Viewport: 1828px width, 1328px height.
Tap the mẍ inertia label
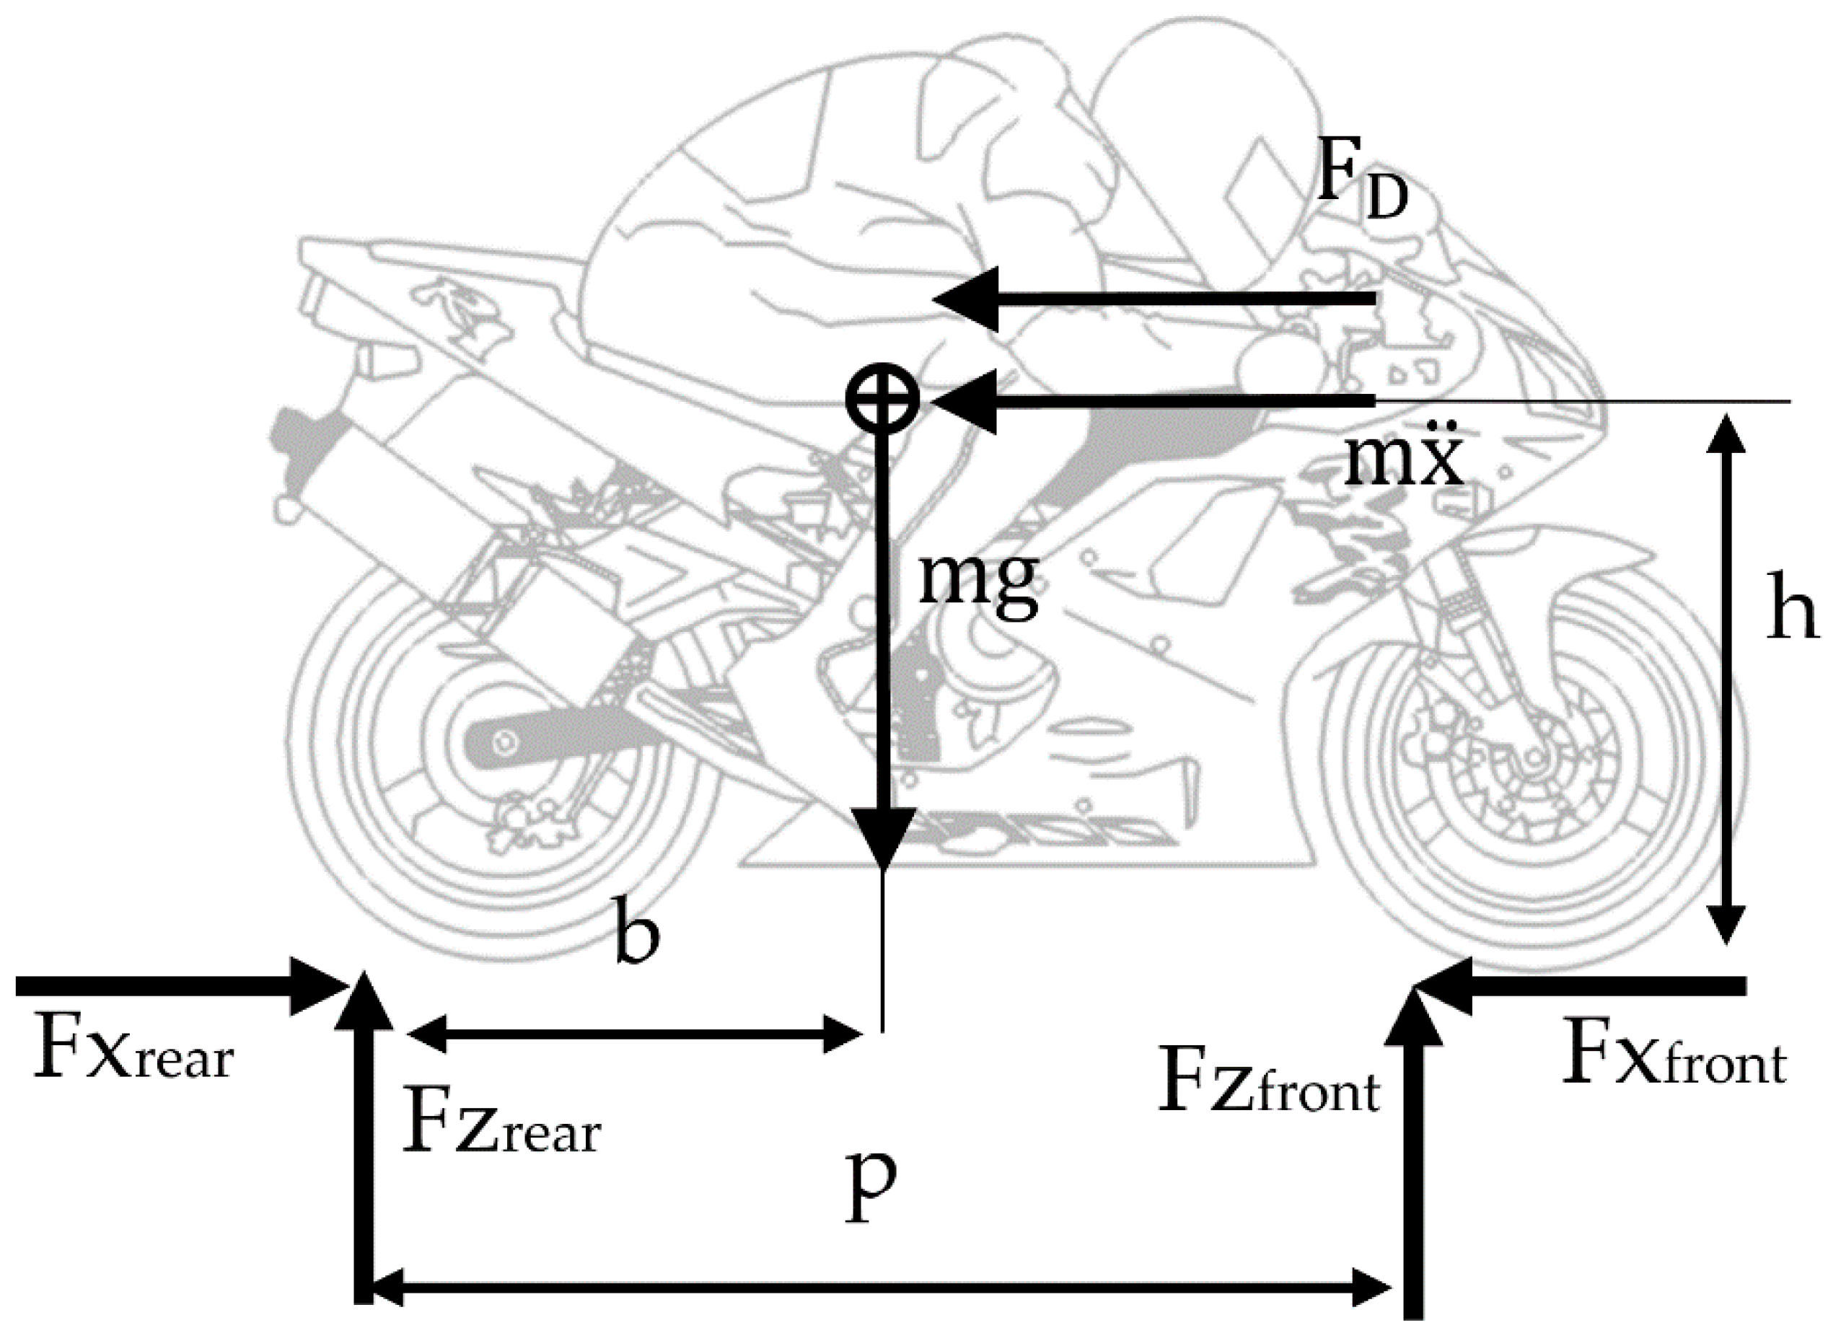(x=1403, y=460)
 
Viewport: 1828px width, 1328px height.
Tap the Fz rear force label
(x=501, y=1121)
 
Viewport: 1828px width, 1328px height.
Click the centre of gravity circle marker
(x=882, y=399)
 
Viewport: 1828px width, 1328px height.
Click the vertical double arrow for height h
(x=1726, y=677)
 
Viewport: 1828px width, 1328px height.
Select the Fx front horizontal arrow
(x=1580, y=985)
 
